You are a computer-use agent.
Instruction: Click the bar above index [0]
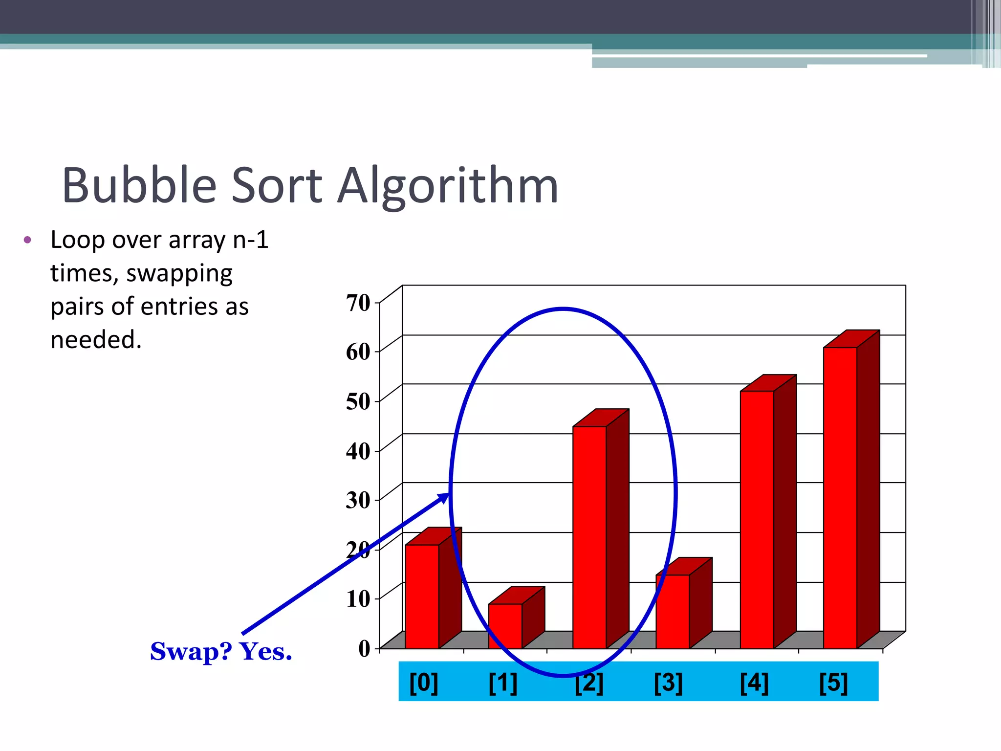pyautogui.click(x=422, y=596)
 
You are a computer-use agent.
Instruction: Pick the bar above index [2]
pyautogui.click(x=589, y=538)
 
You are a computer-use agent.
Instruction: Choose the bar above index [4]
pyautogui.click(x=757, y=519)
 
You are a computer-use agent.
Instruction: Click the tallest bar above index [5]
pyautogui.click(x=840, y=498)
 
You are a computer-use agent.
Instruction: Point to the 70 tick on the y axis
pyautogui.click(x=358, y=303)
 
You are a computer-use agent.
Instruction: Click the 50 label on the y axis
pyautogui.click(x=358, y=401)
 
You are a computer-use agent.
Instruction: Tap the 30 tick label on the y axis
pyautogui.click(x=358, y=500)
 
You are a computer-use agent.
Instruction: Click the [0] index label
pyautogui.click(x=423, y=683)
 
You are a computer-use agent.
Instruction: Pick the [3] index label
pyautogui.click(x=668, y=683)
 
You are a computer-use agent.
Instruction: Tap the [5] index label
pyautogui.click(x=833, y=683)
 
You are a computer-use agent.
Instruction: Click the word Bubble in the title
pyautogui.click(x=139, y=186)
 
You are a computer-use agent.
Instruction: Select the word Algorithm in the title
pyautogui.click(x=448, y=187)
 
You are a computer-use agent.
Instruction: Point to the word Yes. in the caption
pyautogui.click(x=265, y=651)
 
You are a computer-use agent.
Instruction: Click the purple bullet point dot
pyautogui.click(x=27, y=240)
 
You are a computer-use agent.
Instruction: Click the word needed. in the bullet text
pyautogui.click(x=96, y=339)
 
